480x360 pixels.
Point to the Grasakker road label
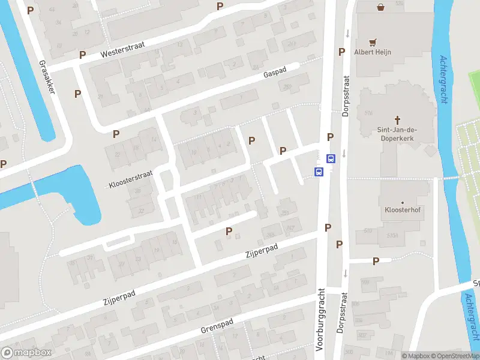point(47,77)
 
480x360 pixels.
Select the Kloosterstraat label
point(131,179)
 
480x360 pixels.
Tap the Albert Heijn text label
point(372,52)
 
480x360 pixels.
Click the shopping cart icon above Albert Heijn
point(373,42)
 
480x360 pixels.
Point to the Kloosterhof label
point(401,211)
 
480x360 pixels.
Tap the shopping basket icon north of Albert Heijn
point(380,7)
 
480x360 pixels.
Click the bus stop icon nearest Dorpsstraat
point(330,158)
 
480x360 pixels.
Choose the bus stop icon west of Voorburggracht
point(318,172)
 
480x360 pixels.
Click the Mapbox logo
point(26,353)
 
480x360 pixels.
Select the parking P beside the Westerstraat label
point(82,55)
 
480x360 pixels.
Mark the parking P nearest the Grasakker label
point(77,94)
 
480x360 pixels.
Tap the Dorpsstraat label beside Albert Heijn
point(346,97)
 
